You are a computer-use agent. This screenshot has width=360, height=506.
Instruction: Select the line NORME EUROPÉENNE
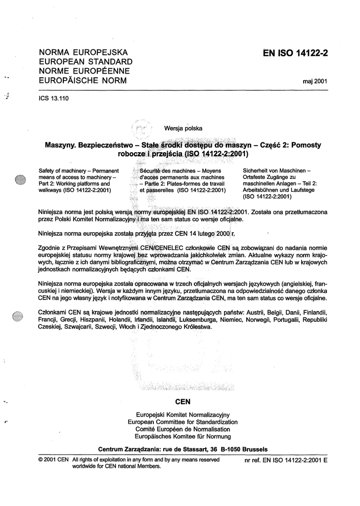[x=83, y=71]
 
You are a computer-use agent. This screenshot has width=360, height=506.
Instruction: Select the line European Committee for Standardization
[x=182, y=422]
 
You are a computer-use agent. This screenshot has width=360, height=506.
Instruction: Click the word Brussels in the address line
[x=251, y=449]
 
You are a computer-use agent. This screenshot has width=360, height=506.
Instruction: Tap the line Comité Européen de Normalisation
[x=182, y=429]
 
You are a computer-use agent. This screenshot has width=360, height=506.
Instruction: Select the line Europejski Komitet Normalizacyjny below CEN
[x=182, y=415]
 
